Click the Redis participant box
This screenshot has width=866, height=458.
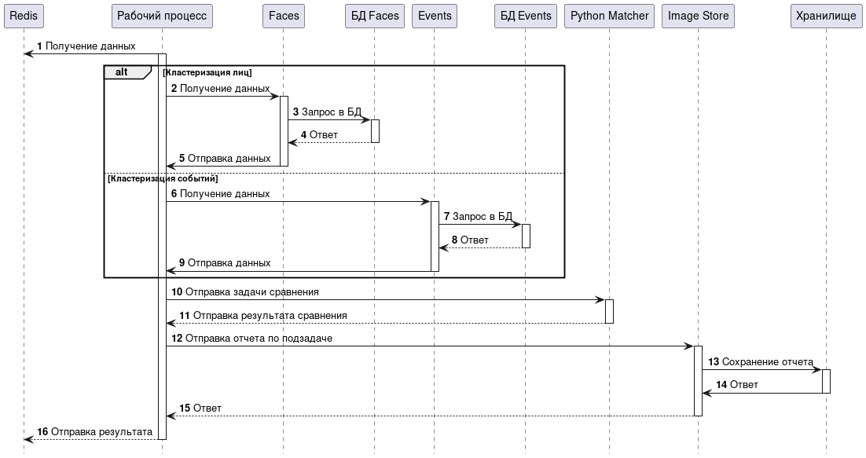[24, 16]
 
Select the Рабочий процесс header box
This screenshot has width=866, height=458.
[162, 16]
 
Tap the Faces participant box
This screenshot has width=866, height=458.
[284, 16]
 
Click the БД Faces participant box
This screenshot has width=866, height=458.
[375, 16]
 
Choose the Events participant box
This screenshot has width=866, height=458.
[435, 16]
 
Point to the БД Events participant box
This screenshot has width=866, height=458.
[526, 16]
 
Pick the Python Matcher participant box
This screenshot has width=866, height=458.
[609, 16]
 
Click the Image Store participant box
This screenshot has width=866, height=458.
[698, 16]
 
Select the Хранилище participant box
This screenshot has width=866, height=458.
[826, 16]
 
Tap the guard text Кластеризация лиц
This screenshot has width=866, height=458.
[207, 72]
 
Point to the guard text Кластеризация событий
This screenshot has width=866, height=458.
[163, 179]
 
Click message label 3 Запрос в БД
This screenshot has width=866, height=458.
[327, 112]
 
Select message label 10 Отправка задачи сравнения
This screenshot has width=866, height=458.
[244, 292]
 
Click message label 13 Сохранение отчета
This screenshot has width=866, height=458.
[761, 362]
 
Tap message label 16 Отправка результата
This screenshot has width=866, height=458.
[94, 431]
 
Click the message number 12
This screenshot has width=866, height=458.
[177, 339]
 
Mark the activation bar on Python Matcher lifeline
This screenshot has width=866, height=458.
[609, 311]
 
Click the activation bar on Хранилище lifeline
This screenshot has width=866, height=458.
[826, 381]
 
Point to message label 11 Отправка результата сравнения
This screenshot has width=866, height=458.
[263, 316]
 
